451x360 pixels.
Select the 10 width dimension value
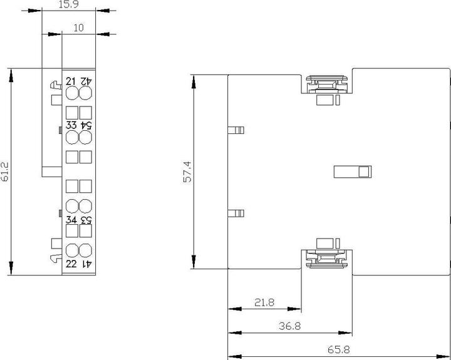tap(78, 28)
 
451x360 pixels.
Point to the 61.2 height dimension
tap(5, 172)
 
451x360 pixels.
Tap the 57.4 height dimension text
tap(186, 172)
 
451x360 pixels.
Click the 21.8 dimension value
tap(264, 302)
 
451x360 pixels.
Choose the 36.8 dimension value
tap(289, 326)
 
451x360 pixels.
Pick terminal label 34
tap(71, 220)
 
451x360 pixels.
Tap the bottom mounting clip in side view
tap(326, 258)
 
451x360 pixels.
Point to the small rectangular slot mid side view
tap(353, 171)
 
